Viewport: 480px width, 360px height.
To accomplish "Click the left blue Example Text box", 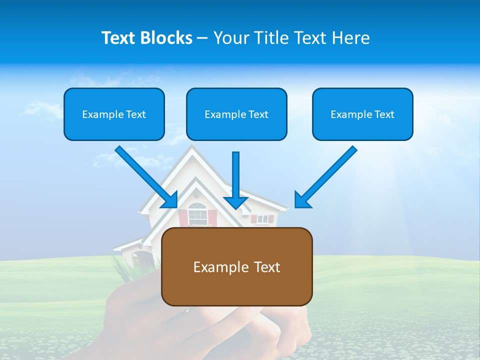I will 114,114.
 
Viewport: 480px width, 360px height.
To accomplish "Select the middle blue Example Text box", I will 236,114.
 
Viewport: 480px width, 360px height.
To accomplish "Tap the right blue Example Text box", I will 362,114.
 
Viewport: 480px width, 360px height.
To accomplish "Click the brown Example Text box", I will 236,266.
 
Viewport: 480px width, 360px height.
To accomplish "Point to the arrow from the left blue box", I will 145,175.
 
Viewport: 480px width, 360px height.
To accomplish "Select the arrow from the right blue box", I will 327,175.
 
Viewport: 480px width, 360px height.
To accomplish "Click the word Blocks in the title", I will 167,38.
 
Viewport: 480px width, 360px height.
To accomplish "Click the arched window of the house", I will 197,213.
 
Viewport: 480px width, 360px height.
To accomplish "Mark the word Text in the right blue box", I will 384,114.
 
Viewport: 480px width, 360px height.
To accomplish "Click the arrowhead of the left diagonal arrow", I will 170,200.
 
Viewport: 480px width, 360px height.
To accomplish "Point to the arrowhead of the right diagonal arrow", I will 302,200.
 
